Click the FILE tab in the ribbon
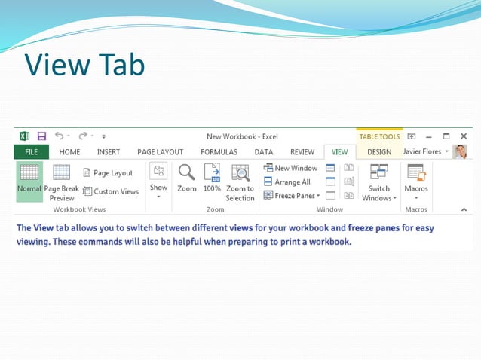pos(31,152)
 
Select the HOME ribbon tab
pos(69,152)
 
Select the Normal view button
pos(29,182)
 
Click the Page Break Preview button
pos(62,182)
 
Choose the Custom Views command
pos(111,191)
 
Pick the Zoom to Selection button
pos(240,182)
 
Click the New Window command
pos(291,168)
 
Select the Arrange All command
pos(287,182)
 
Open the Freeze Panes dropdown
pos(293,196)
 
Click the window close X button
pos(463,136)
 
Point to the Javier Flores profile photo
pos(460,152)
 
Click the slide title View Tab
pos(84,65)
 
